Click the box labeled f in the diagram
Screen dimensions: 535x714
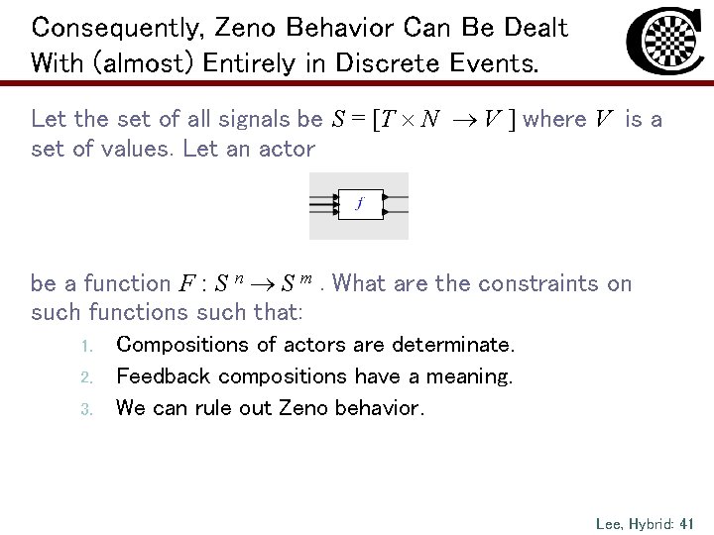click(360, 204)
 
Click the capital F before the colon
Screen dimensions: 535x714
click(187, 284)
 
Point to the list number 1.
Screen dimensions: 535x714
click(87, 346)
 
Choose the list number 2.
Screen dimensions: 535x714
click(87, 377)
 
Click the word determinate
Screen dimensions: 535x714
click(454, 345)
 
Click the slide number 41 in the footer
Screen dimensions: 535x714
click(686, 521)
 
